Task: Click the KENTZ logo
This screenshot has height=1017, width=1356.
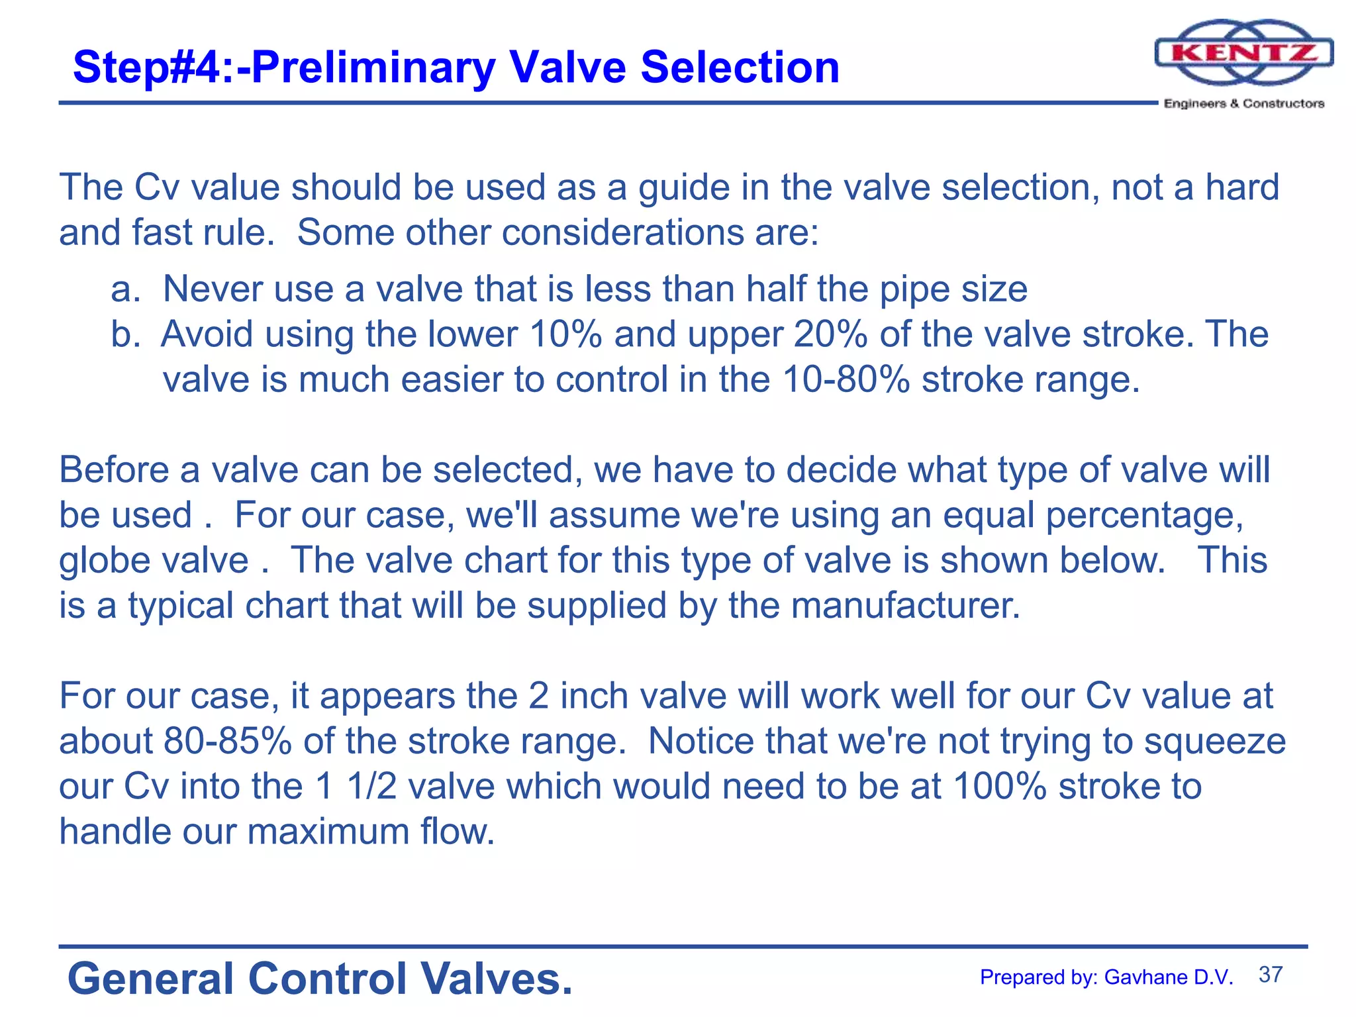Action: [1243, 53]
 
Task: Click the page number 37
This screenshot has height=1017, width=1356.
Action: [1271, 975]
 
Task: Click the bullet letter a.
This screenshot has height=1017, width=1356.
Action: [123, 289]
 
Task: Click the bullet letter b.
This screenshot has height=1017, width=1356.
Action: [124, 334]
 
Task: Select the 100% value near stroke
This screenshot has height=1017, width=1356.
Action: [1000, 786]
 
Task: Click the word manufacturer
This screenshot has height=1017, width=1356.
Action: [906, 605]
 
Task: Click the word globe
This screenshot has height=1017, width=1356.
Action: [99, 560]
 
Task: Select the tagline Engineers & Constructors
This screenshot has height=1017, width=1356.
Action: [1244, 103]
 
